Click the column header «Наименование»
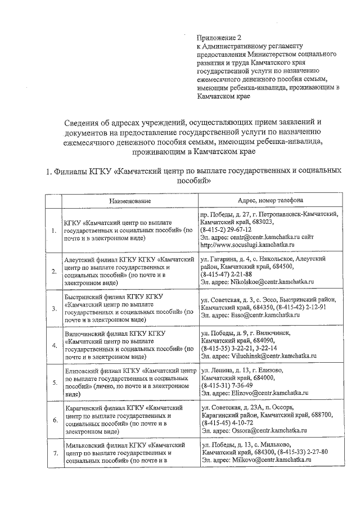pyautogui.click(x=130, y=201)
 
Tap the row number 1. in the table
pyautogui.click(x=54, y=231)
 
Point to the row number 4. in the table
pyautogui.click(x=54, y=345)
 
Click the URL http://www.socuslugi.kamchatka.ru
pyautogui.click(x=245, y=246)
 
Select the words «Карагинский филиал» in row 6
pyautogui.click(x=94, y=406)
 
